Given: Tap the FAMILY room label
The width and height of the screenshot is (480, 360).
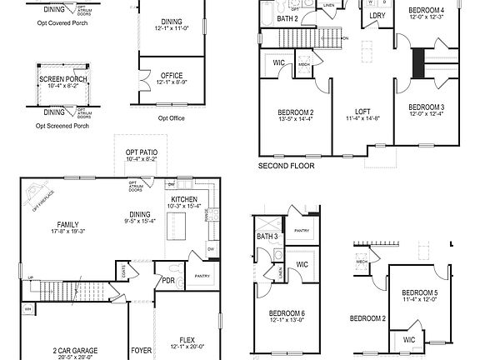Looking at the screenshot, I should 68,224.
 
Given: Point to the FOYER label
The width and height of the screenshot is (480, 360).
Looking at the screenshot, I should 141,351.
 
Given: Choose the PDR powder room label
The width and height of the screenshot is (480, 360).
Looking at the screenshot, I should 167,280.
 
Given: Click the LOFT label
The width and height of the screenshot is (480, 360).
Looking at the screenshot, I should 362,112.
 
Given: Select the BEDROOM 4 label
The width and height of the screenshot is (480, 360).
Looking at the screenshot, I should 426,11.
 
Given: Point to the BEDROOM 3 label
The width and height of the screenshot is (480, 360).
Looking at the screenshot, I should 426,107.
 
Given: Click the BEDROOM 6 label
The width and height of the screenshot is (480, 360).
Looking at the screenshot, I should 285,312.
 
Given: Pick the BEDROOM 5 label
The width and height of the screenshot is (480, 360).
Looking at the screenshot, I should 418,293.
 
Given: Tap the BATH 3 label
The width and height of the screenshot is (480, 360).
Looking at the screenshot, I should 267,237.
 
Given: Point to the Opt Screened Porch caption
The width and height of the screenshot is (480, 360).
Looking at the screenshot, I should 62,126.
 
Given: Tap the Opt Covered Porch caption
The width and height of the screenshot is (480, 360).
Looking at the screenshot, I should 62,23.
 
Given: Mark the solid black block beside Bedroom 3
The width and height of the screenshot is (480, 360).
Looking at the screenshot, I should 419,63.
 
